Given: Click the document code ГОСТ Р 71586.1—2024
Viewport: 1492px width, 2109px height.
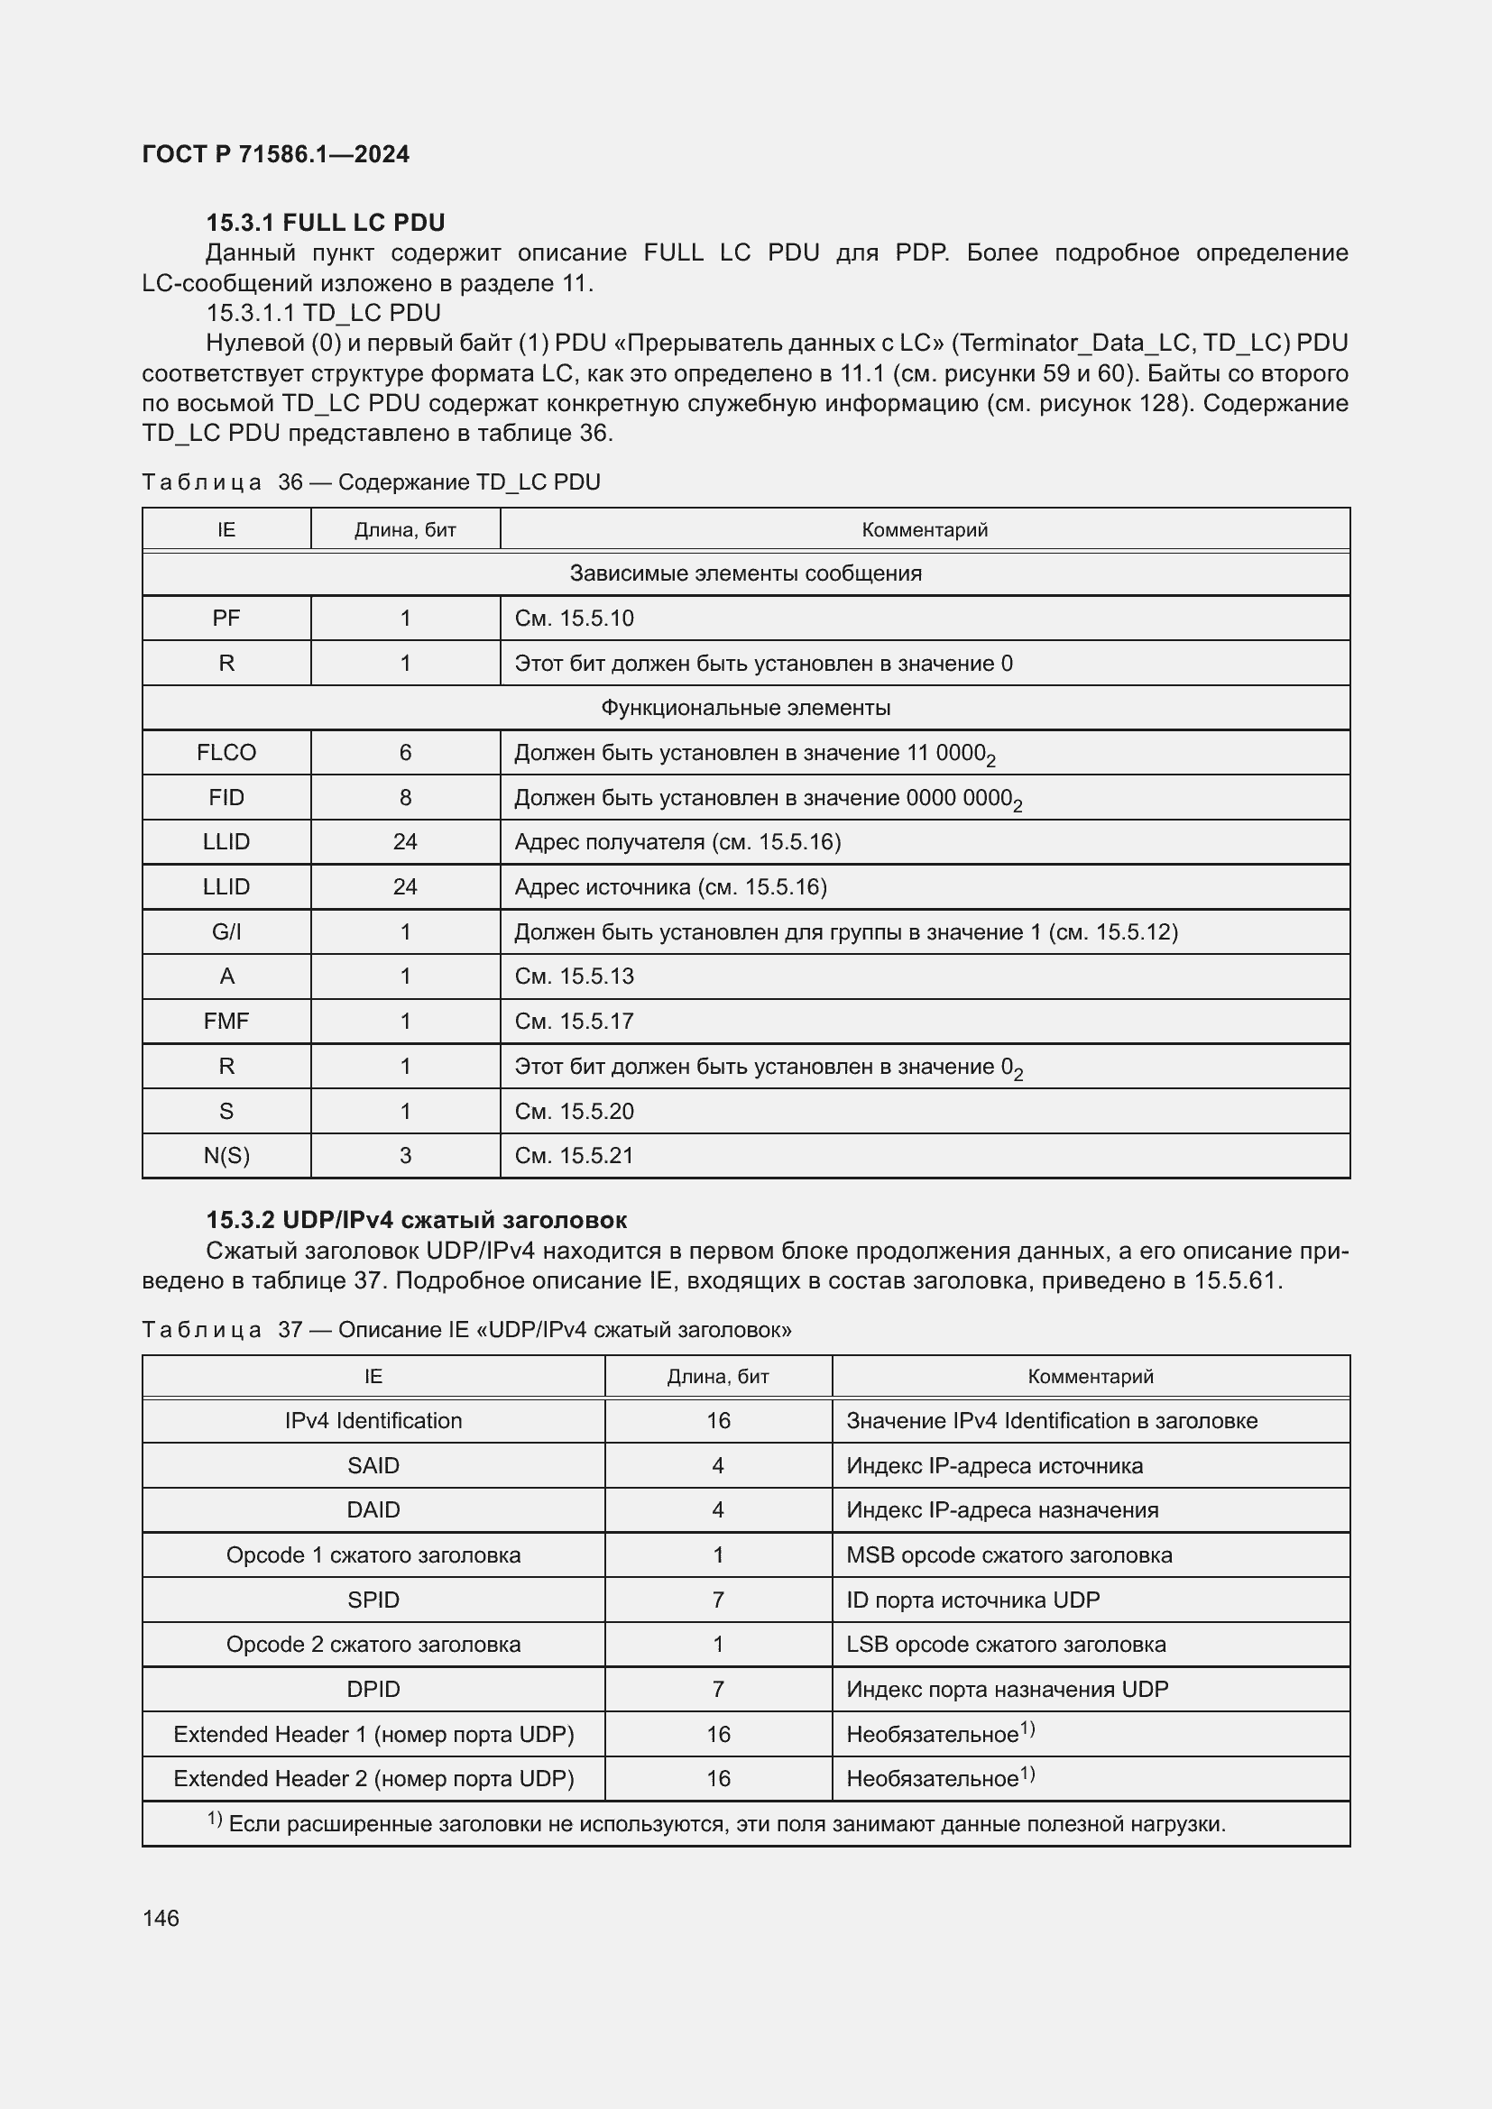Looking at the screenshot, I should (276, 154).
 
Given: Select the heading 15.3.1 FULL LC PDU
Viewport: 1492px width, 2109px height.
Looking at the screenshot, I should (326, 223).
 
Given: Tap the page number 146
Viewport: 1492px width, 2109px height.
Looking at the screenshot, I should (161, 1918).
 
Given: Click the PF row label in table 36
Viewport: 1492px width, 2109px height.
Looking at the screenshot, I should (226, 619).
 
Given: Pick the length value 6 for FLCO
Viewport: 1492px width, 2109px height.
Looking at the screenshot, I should (405, 752).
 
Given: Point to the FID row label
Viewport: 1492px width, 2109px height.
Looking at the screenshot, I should (226, 797).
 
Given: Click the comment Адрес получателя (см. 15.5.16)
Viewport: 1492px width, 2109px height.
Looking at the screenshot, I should (677, 841).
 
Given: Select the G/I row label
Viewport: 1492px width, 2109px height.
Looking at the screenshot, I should (226, 931).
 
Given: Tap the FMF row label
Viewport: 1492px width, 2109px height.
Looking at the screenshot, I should (226, 1021).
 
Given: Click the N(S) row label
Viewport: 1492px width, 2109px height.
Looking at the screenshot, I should (226, 1156).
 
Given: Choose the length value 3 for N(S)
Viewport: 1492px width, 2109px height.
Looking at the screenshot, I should (405, 1156).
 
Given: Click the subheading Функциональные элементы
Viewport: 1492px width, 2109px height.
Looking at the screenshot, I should (745, 707).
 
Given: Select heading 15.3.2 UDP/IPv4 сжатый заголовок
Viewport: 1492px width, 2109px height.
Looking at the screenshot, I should (416, 1220).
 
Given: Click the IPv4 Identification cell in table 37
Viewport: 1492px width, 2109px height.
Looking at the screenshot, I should (373, 1420).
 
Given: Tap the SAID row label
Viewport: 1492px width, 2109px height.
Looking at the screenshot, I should (373, 1465).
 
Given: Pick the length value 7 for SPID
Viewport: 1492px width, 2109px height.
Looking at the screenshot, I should (717, 1600).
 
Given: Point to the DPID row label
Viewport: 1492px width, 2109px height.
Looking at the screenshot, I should (373, 1688).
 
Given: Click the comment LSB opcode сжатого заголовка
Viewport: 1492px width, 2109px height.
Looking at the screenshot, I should (1006, 1645).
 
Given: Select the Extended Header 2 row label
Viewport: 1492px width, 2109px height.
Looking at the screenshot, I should (373, 1778).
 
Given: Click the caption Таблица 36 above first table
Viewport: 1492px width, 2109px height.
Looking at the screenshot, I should (371, 482).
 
